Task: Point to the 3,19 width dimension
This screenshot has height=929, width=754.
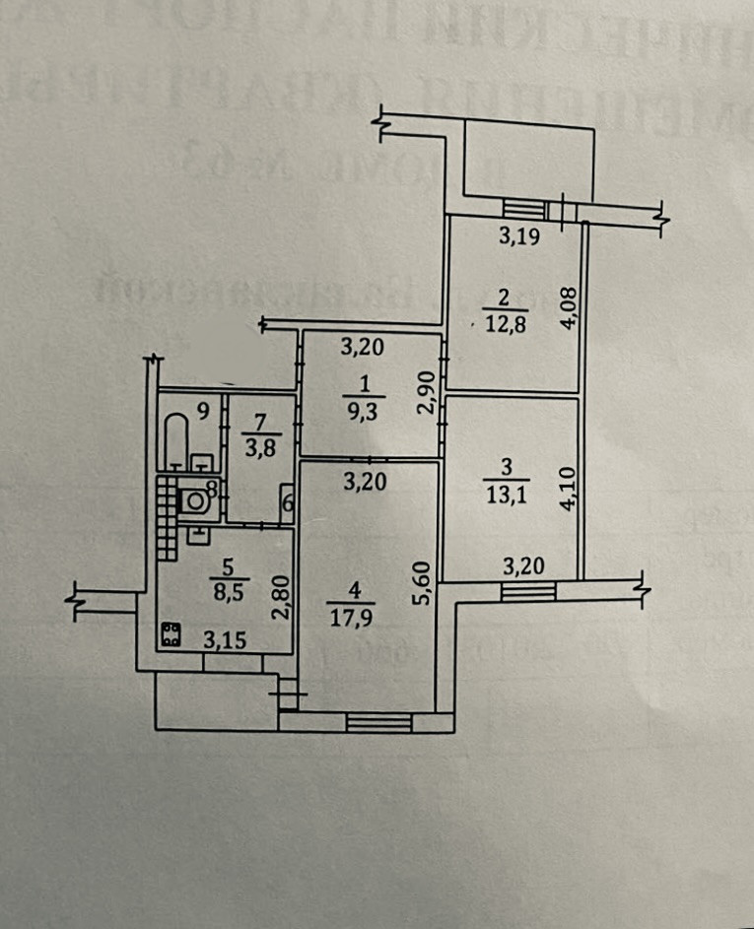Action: click(x=517, y=236)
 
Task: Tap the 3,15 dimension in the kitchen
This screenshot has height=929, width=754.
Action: click(x=226, y=639)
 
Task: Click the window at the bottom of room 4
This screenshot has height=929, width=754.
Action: click(x=378, y=723)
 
